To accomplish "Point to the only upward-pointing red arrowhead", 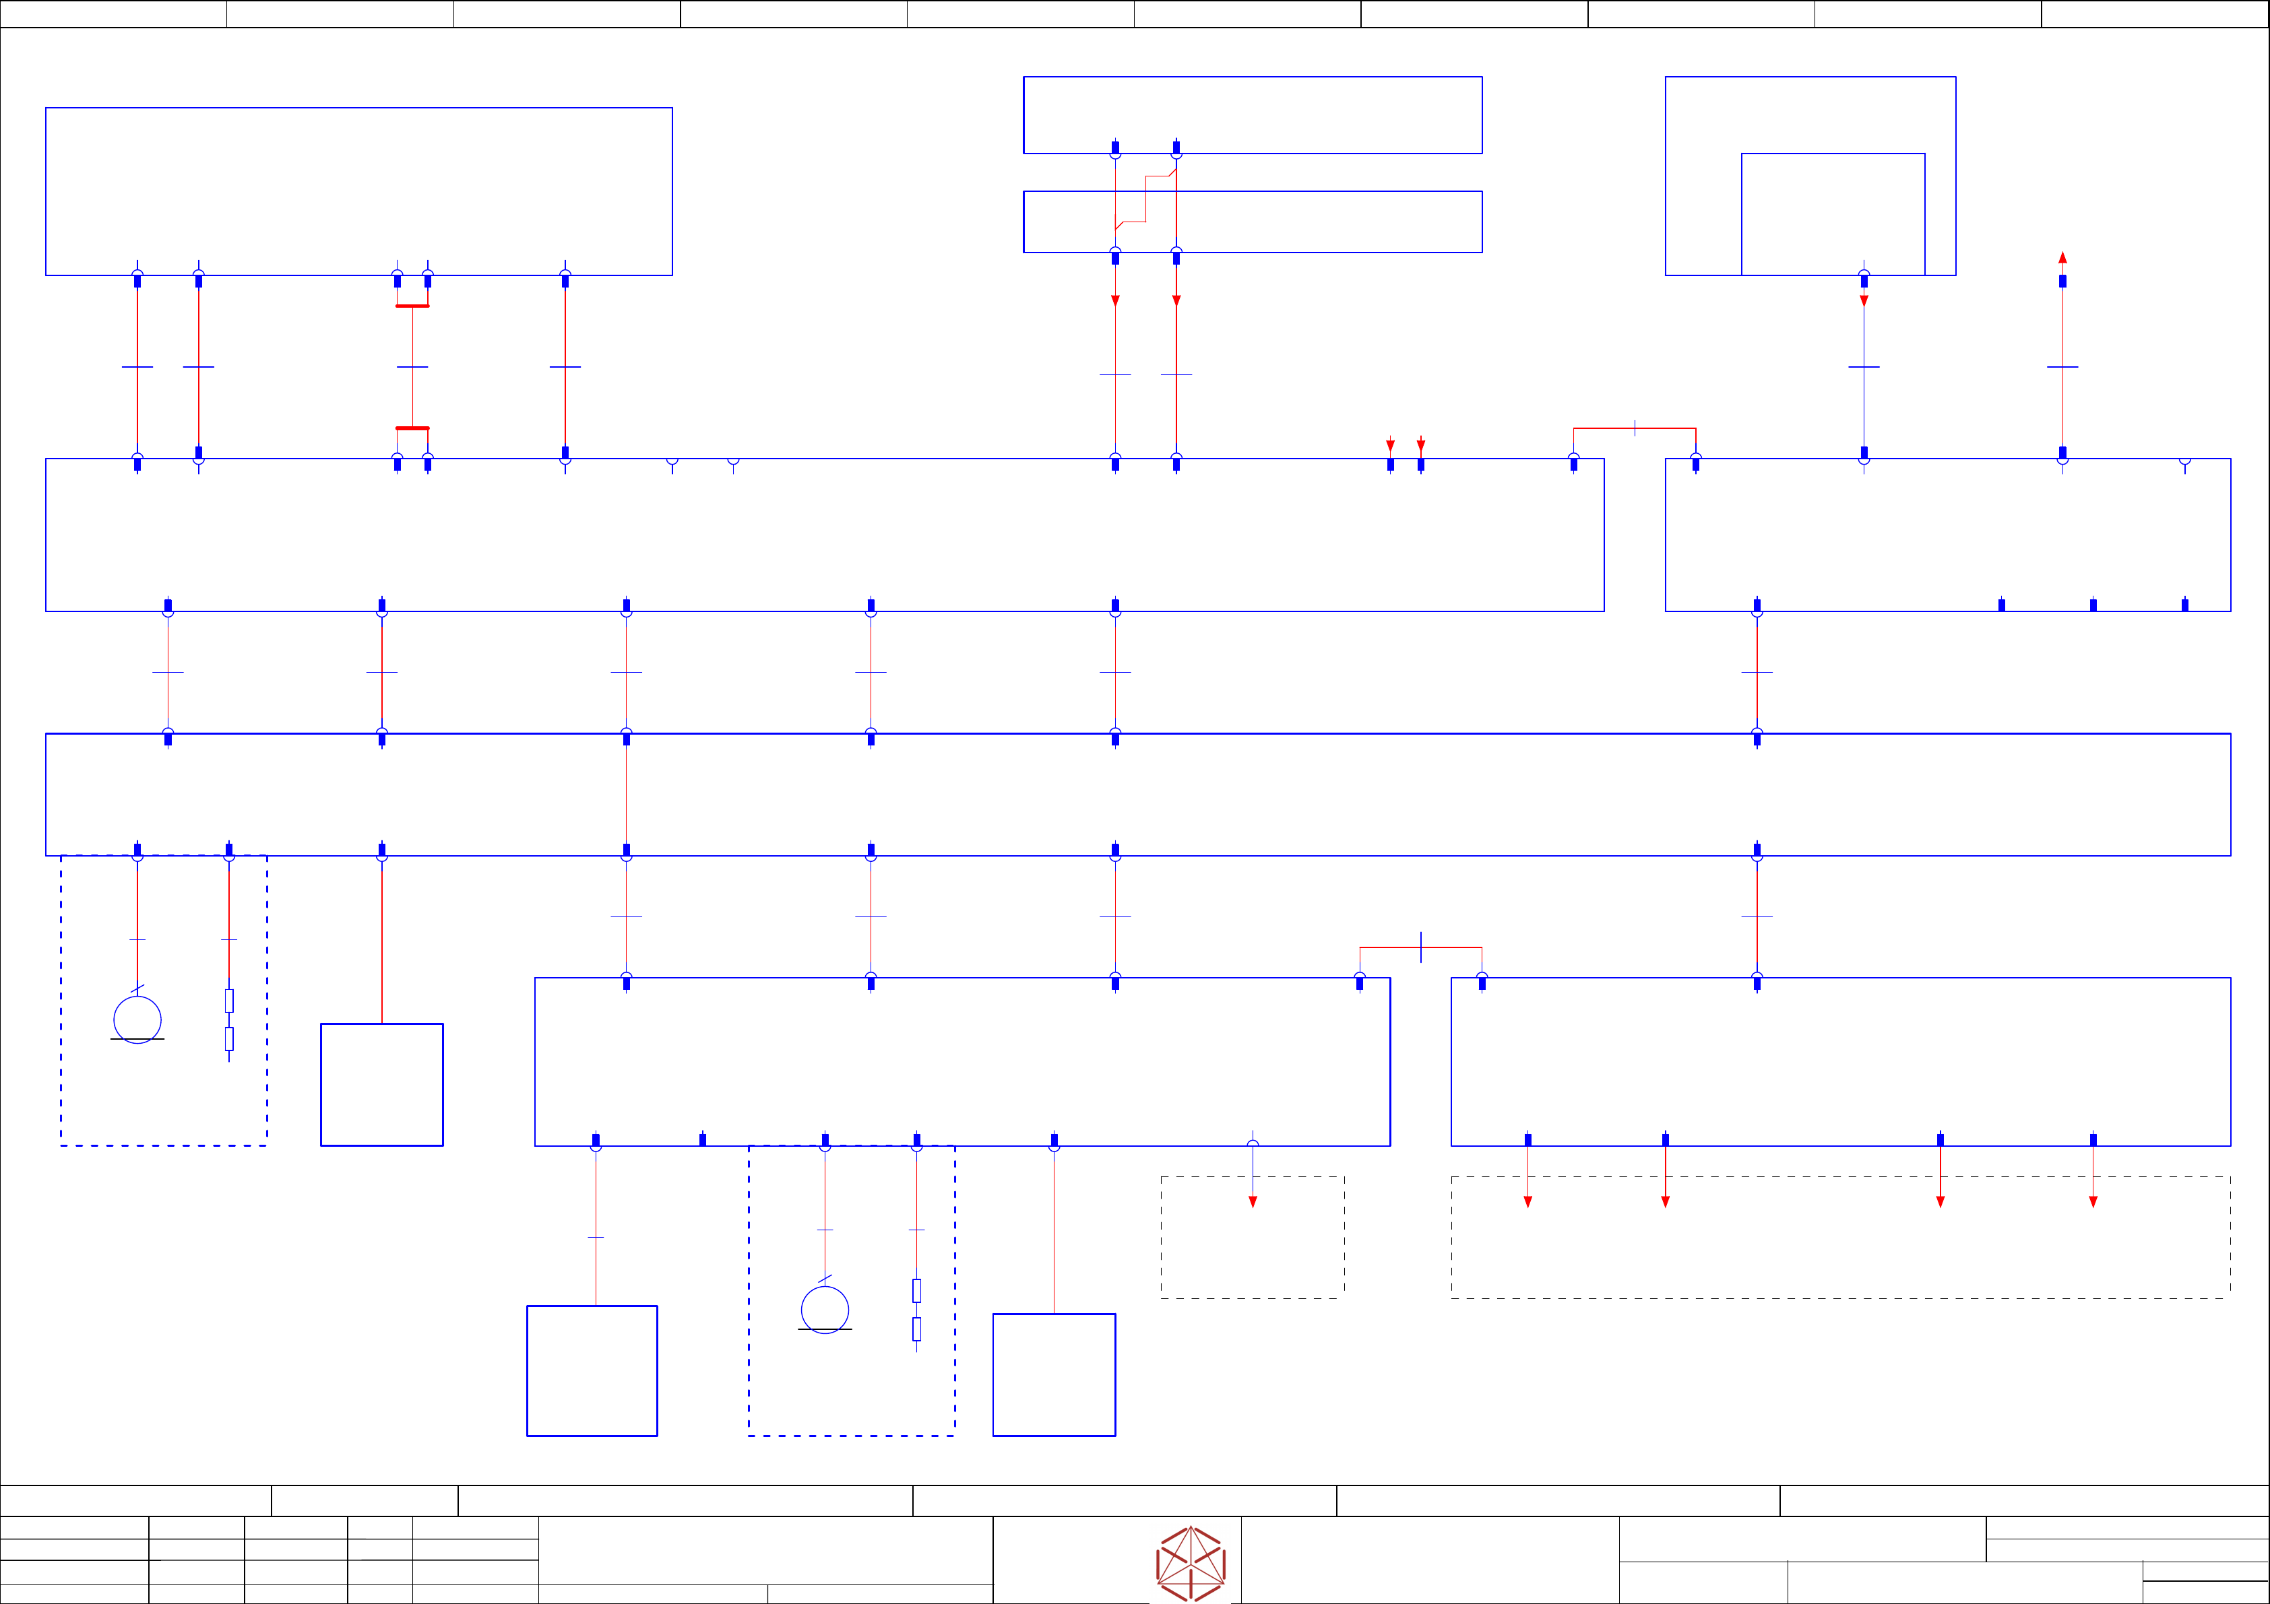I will [2062, 258].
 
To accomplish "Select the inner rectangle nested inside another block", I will [1832, 213].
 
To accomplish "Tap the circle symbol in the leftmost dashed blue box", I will [137, 1019].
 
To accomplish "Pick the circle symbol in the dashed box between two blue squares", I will [825, 1310].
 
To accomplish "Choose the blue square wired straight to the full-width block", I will [381, 1084].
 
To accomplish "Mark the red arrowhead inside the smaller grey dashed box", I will [1253, 1202].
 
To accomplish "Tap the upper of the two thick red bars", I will [412, 306].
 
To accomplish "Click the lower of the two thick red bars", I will [412, 428].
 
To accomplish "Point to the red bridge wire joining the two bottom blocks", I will [1421, 947].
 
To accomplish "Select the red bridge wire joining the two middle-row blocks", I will [1635, 428].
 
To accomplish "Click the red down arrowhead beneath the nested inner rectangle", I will [1864, 300].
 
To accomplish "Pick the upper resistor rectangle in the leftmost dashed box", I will [229, 1000].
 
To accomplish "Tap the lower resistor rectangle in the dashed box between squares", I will [916, 1329].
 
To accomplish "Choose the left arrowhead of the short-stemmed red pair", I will [1390, 446].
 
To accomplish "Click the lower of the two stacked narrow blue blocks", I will [1252, 222].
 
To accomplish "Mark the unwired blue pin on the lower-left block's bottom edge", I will [703, 1139].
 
